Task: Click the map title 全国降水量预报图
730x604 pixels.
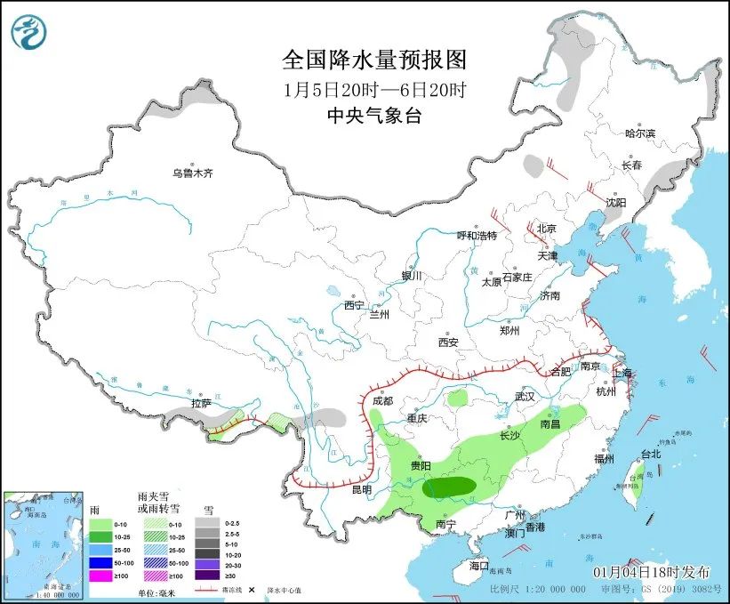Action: coord(373,60)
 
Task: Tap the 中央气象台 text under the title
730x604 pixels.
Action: coord(373,115)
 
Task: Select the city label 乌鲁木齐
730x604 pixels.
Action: coord(193,173)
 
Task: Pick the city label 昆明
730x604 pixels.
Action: coord(362,488)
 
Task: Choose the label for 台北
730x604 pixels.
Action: coord(651,454)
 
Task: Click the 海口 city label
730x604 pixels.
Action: coord(479,566)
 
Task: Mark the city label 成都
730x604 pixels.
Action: coord(382,401)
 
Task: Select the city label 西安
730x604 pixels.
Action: coord(447,342)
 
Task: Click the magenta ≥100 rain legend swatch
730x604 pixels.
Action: coord(100,576)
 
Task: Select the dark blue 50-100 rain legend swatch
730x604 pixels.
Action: coord(100,563)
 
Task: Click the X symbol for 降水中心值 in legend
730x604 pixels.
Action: coord(253,590)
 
